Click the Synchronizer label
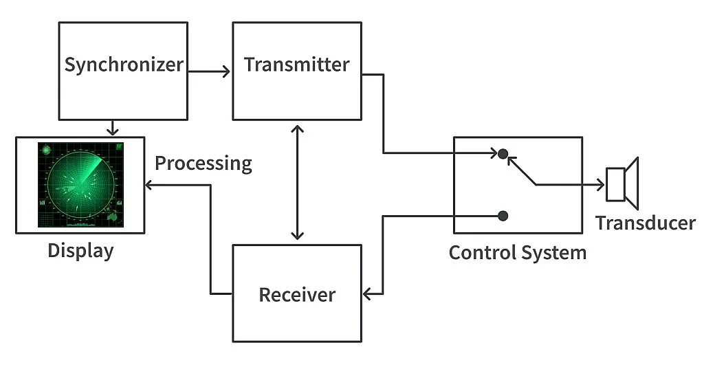(x=124, y=65)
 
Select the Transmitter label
(x=296, y=65)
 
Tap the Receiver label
(x=296, y=295)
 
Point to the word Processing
(x=203, y=164)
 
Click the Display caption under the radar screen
(x=80, y=251)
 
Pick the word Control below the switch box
(x=480, y=252)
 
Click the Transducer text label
(x=645, y=223)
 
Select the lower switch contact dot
(x=503, y=216)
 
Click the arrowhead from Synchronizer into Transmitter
(x=227, y=71)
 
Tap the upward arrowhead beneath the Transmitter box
(x=297, y=129)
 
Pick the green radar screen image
(x=80, y=184)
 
